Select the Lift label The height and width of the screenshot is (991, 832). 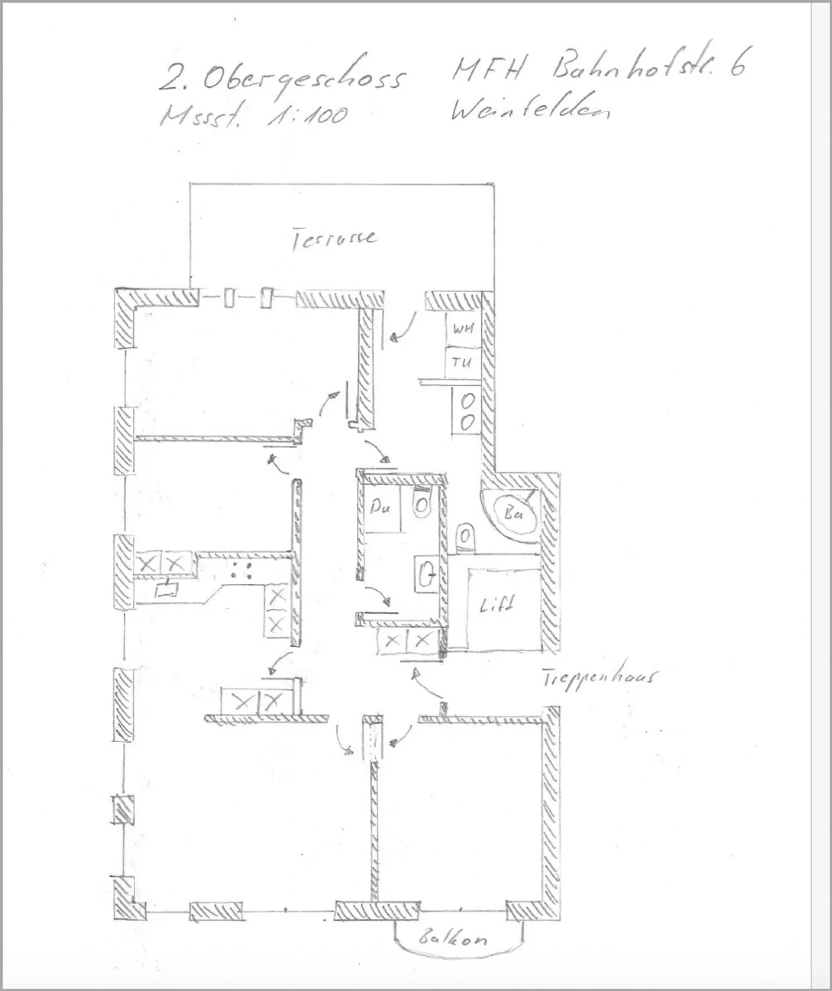click(496, 605)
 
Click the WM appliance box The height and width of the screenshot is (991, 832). click(463, 329)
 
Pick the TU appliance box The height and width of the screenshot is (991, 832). click(462, 363)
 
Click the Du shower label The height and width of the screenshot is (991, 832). click(380, 508)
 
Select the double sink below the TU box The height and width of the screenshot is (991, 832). click(467, 411)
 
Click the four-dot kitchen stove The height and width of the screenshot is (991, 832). click(242, 570)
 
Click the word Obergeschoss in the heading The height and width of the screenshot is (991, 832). click(303, 77)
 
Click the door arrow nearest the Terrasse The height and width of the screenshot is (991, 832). click(403, 327)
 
